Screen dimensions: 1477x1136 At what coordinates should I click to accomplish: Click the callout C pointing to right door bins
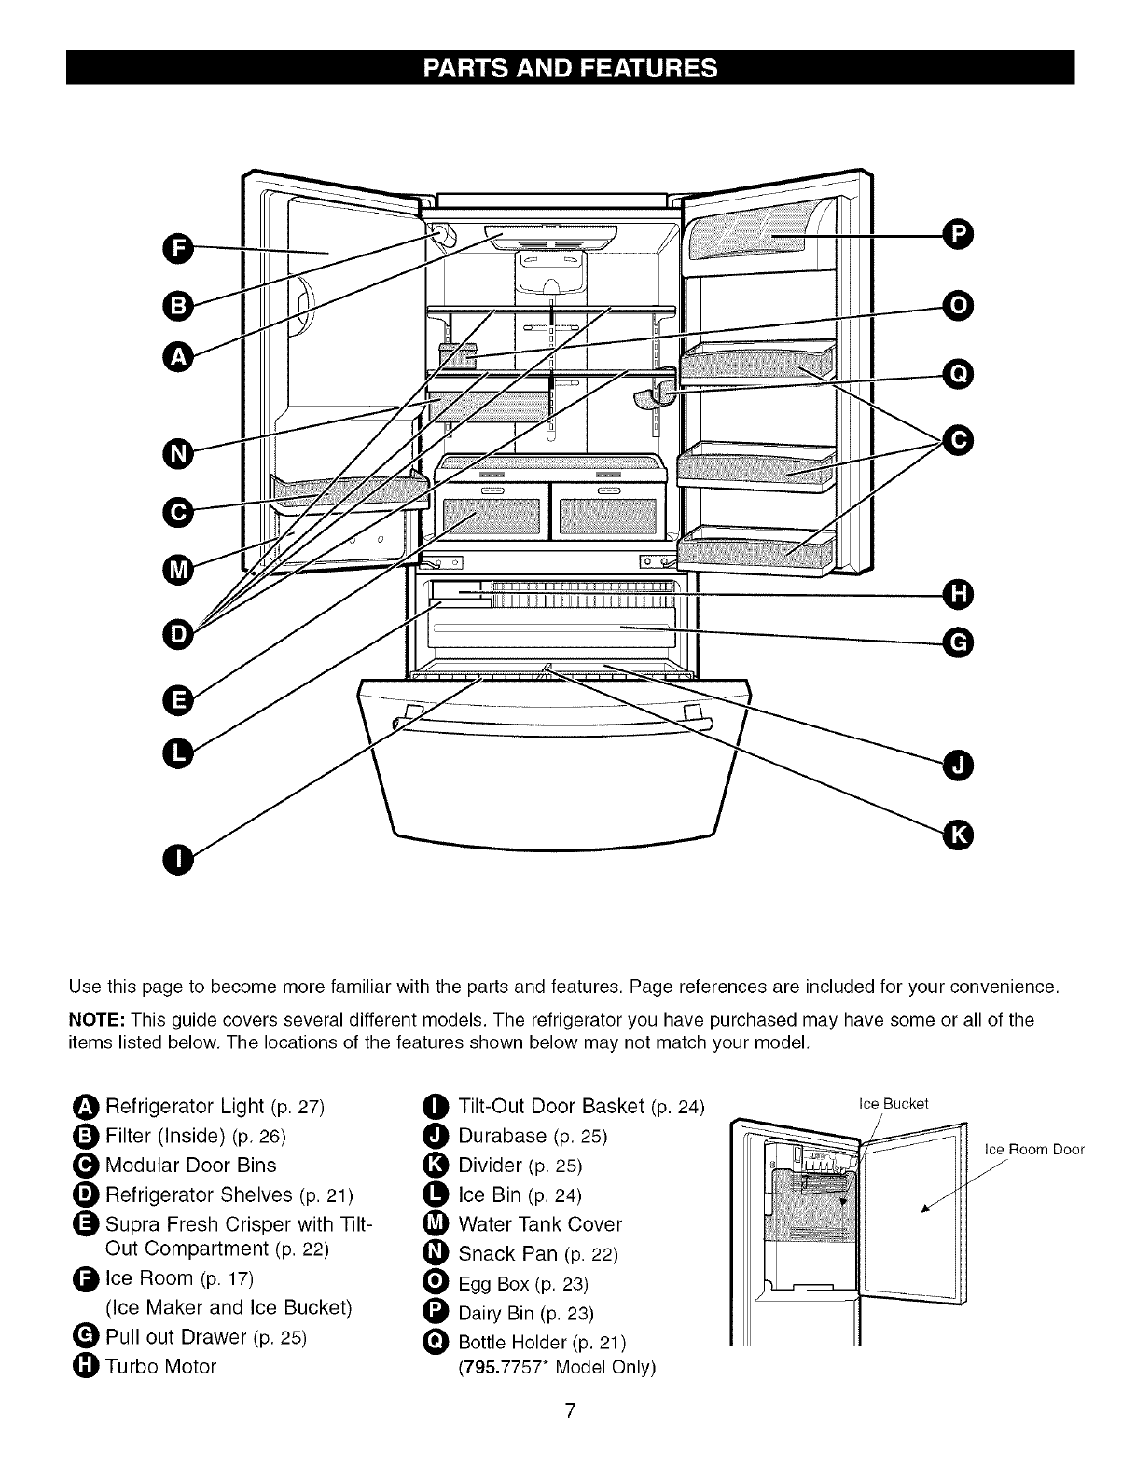coord(957,437)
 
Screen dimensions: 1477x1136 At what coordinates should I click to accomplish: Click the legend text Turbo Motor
coord(160,1367)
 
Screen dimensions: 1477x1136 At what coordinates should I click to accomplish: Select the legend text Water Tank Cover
coord(540,1224)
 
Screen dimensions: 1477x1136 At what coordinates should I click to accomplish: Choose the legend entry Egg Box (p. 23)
coord(523,1283)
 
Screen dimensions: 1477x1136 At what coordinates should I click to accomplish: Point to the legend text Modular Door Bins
coord(190,1166)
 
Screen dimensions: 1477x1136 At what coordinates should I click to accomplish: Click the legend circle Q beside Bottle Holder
coord(436,1342)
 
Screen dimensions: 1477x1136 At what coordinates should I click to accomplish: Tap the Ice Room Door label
coord(1034,1149)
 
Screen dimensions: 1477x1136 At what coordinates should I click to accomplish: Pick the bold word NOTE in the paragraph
coord(96,1019)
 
